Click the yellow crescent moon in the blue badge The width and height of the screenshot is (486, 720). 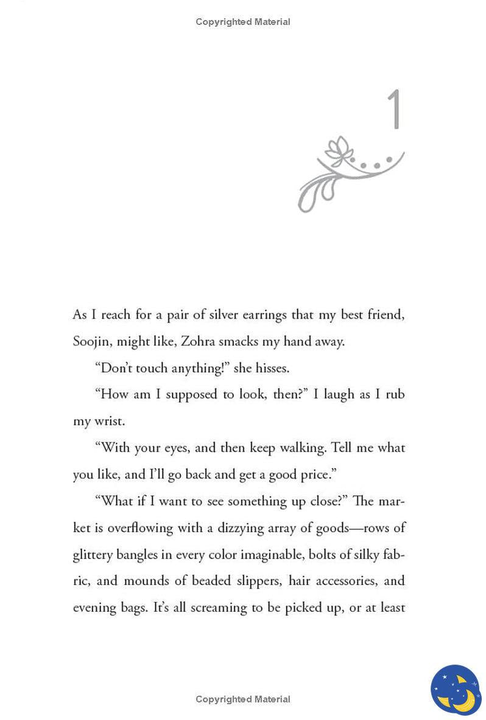click(x=461, y=694)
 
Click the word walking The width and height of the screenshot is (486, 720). click(x=303, y=448)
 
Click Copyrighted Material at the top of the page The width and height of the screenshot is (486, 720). click(x=243, y=22)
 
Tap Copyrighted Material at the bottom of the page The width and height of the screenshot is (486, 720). click(x=243, y=699)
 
